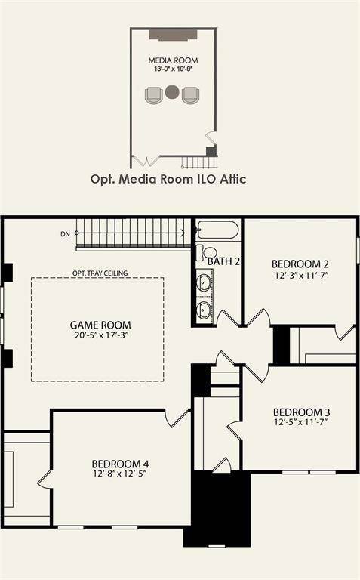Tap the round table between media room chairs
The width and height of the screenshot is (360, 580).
pyautogui.click(x=173, y=94)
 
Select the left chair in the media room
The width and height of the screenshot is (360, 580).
pyautogui.click(x=154, y=94)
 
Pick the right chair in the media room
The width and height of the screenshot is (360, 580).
pyautogui.click(x=191, y=94)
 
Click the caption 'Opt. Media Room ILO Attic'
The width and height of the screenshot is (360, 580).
pyautogui.click(x=168, y=179)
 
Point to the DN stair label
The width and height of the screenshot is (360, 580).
pyautogui.click(x=66, y=234)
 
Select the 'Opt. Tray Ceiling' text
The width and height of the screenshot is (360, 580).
pyautogui.click(x=100, y=273)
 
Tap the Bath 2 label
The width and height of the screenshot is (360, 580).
pyautogui.click(x=224, y=261)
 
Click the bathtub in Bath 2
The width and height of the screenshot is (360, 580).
pyautogui.click(x=218, y=230)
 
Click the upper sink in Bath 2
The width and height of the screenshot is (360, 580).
pyautogui.click(x=205, y=283)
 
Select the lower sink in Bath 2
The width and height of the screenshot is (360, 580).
pyautogui.click(x=205, y=309)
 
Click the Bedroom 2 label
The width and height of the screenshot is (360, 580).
pyautogui.click(x=300, y=264)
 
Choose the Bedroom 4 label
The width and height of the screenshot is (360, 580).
pyautogui.click(x=120, y=463)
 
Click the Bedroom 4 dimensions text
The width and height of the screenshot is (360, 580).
pyautogui.click(x=120, y=474)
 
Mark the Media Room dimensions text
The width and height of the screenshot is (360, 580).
pyautogui.click(x=173, y=69)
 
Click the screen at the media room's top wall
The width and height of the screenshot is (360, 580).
pyautogui.click(x=173, y=35)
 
